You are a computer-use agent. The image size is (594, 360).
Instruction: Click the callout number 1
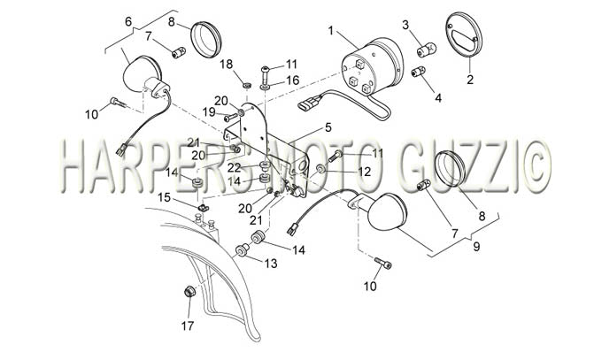pyautogui.click(x=331, y=30)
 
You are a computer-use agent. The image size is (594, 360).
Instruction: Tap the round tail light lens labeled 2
pyautogui.click(x=466, y=35)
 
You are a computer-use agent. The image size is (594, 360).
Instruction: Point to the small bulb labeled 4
pyautogui.click(x=418, y=71)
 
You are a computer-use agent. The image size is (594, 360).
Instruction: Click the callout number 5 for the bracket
pyautogui.click(x=328, y=127)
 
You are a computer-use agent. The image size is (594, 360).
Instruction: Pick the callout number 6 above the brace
pyautogui.click(x=128, y=21)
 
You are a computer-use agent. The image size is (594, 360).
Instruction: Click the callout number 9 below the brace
pyautogui.click(x=476, y=247)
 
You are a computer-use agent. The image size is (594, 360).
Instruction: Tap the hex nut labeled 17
pyautogui.click(x=189, y=292)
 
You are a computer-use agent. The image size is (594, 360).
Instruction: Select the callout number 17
pyautogui.click(x=188, y=326)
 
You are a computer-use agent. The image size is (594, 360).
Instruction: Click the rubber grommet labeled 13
pyautogui.click(x=242, y=250)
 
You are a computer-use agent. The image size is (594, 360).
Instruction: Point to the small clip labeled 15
pyautogui.click(x=204, y=208)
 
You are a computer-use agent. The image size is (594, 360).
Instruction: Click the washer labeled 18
pyautogui.click(x=247, y=85)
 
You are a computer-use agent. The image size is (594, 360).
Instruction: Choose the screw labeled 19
pyautogui.click(x=230, y=118)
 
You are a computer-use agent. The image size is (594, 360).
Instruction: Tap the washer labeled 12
pyautogui.click(x=320, y=168)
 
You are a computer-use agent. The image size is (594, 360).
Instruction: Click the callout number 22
pyautogui.click(x=235, y=168)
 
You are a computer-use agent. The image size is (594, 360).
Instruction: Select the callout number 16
pyautogui.click(x=292, y=80)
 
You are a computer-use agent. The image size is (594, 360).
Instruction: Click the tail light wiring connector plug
pyautogui.click(x=307, y=103)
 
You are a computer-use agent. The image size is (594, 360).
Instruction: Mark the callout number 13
pyautogui.click(x=271, y=263)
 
